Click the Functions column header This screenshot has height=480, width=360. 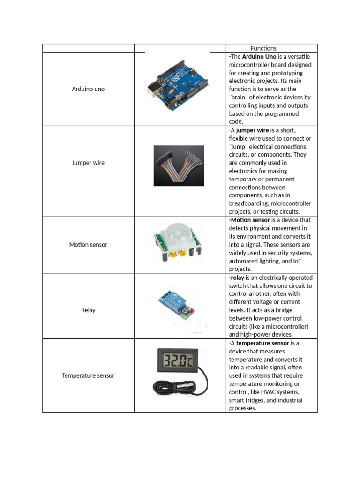click(263, 48)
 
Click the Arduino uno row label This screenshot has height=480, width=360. click(88, 89)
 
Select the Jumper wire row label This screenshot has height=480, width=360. click(88, 163)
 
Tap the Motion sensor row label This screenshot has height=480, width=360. click(88, 245)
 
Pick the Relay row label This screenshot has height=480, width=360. click(88, 310)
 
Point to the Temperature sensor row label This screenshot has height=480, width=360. click(88, 375)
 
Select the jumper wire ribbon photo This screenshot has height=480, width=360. click(179, 165)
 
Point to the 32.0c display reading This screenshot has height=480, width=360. click(178, 360)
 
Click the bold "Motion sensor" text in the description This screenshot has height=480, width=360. click(249, 220)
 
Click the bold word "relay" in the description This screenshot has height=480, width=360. click(238, 277)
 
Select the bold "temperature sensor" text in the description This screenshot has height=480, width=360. click(262, 343)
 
